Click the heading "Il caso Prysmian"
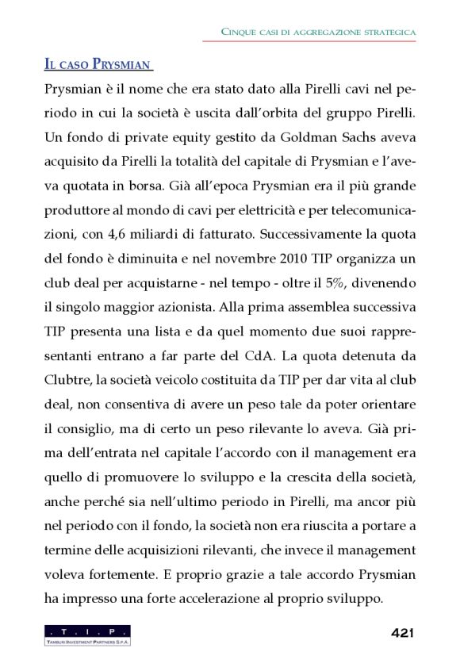(98, 63)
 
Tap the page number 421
(403, 633)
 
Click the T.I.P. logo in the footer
(87, 635)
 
